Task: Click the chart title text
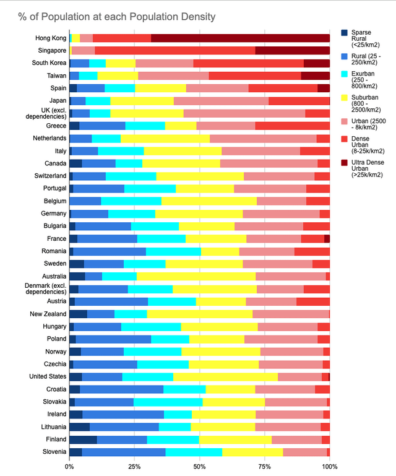(118, 15)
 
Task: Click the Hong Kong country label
(51, 38)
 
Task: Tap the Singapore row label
(51, 51)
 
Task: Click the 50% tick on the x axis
(199, 466)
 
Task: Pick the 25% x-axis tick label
(134, 466)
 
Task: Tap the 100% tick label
(329, 466)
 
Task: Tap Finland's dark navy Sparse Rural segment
(83, 439)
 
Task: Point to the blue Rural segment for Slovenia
(123, 452)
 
